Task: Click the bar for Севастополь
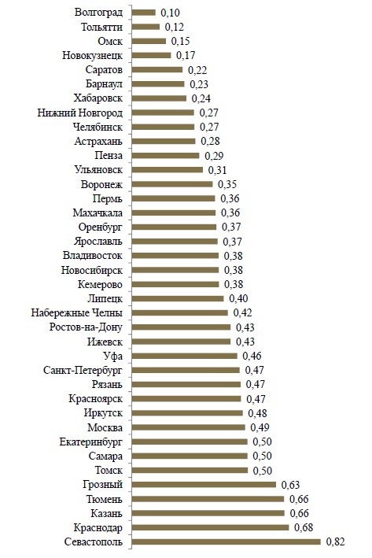[227, 541]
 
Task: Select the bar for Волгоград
[144, 13]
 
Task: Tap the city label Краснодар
[98, 527]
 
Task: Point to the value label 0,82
[335, 541]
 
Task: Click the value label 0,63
[290, 485]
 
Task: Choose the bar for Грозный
[204, 484]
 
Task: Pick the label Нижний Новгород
[80, 113]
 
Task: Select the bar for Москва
[189, 427]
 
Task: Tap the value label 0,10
[171, 13]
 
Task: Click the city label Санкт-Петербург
[83, 370]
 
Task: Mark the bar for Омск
[149, 41]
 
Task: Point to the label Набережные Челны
[77, 312]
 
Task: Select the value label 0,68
[304, 527]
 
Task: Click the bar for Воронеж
[172, 184]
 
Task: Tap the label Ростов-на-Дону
[86, 327]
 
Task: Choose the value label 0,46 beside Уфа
[252, 356]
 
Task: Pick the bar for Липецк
[178, 298]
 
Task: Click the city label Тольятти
[101, 27]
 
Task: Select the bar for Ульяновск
[168, 170]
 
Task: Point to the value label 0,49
[260, 427]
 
